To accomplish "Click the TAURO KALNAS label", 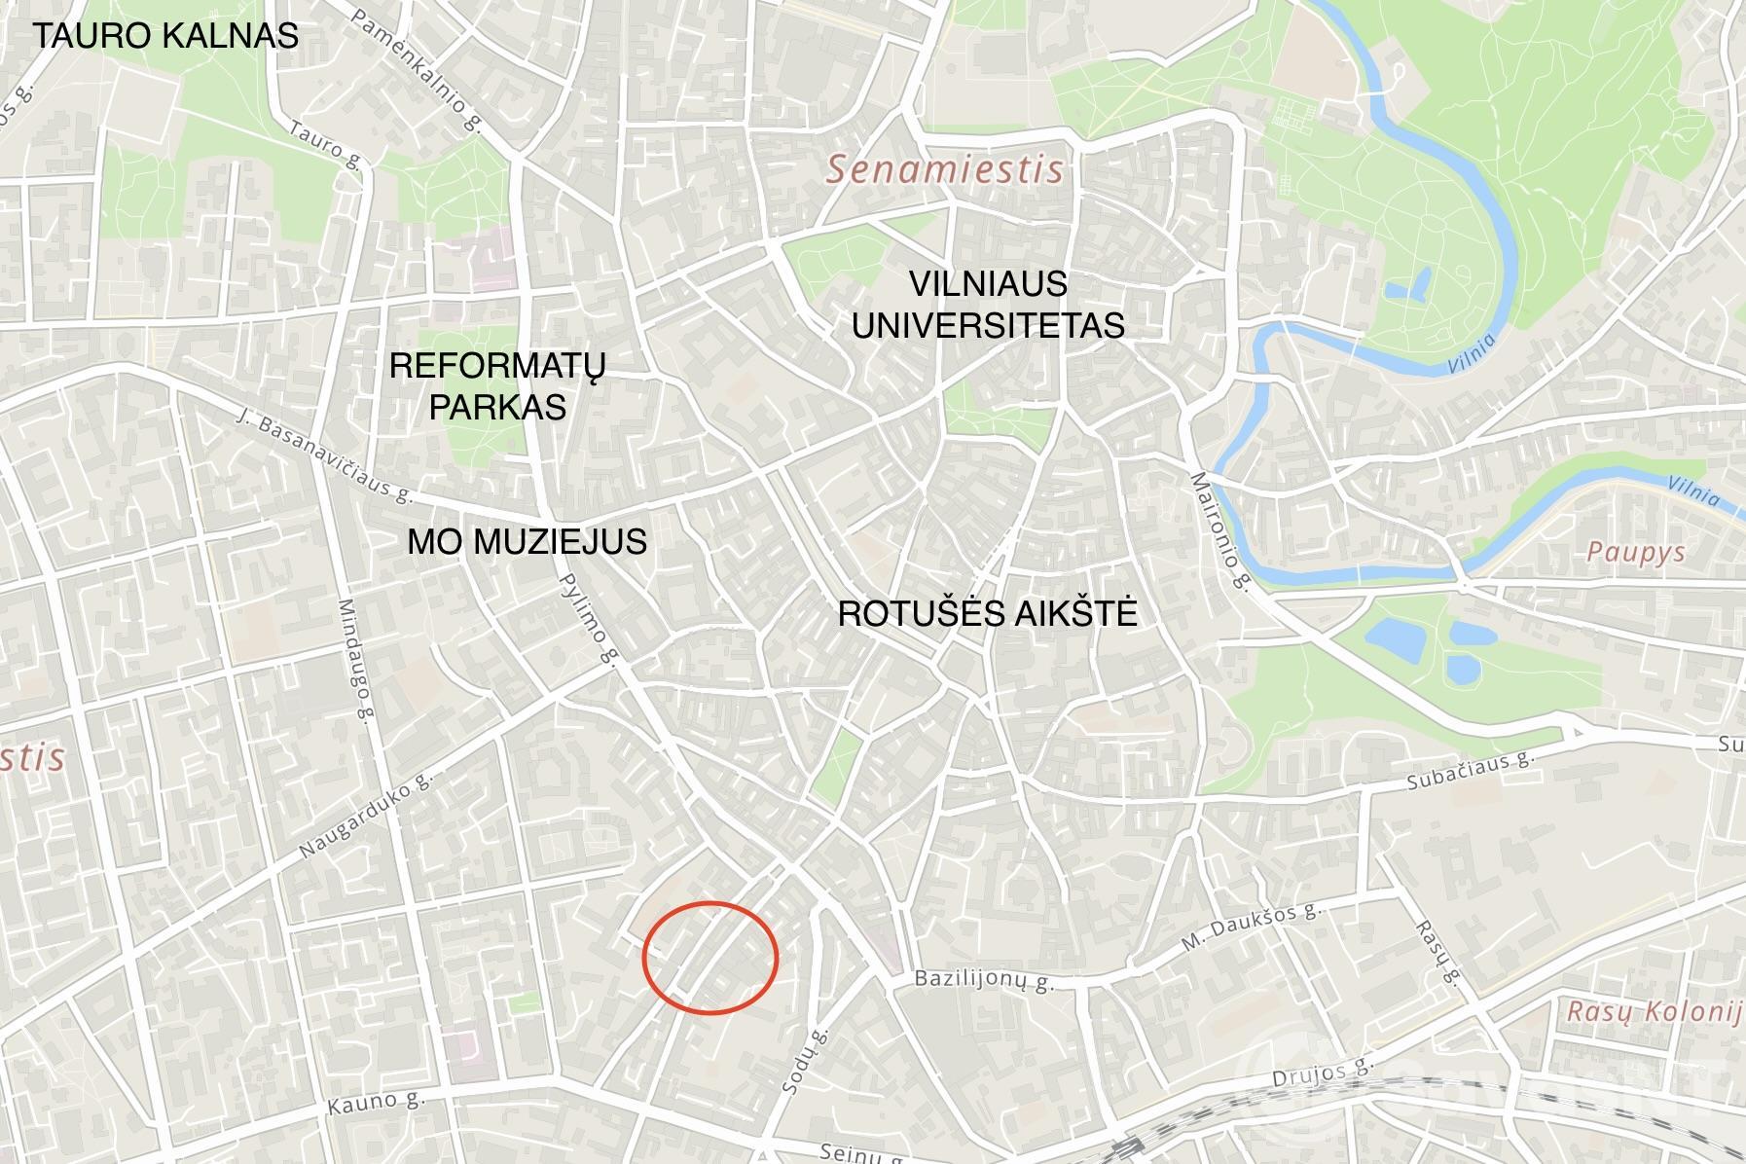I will coord(165,36).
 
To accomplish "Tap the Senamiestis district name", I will coord(944,170).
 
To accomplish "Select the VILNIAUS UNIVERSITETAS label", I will coord(988,304).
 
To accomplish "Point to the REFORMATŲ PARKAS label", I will coord(497,385).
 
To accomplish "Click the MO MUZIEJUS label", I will coord(527,541).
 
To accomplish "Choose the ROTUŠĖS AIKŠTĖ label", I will coord(987,614).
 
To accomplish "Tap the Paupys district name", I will coord(1635,553).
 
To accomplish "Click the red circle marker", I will coord(710,959).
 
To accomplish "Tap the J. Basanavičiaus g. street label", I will coord(324,455).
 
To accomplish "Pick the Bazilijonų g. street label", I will coord(984,980).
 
